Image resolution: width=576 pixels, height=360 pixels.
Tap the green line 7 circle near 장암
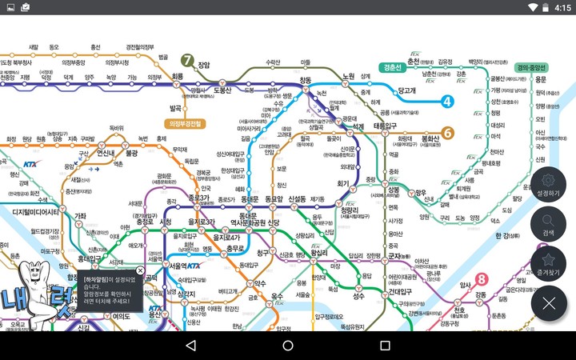pyautogui.click(x=187, y=60)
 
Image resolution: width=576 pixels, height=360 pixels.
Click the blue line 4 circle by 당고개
pyautogui.click(x=447, y=102)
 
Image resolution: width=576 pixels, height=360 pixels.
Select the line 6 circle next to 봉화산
pyautogui.click(x=448, y=133)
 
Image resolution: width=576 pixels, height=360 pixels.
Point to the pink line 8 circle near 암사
pyautogui.click(x=481, y=279)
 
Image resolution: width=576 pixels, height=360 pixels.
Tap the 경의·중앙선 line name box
pyautogui.click(x=531, y=67)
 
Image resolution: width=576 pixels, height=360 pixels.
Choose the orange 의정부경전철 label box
pyautogui.click(x=185, y=124)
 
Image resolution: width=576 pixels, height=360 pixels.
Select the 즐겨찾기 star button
pyautogui.click(x=548, y=263)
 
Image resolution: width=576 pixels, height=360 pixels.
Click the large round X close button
pyautogui.click(x=548, y=303)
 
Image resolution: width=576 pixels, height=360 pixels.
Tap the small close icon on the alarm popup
pyautogui.click(x=141, y=270)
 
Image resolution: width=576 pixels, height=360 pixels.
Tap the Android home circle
pyautogui.click(x=288, y=346)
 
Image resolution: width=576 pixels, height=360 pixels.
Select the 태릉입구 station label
pyautogui.click(x=381, y=126)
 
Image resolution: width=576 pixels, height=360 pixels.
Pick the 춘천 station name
pyautogui.click(x=414, y=61)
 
